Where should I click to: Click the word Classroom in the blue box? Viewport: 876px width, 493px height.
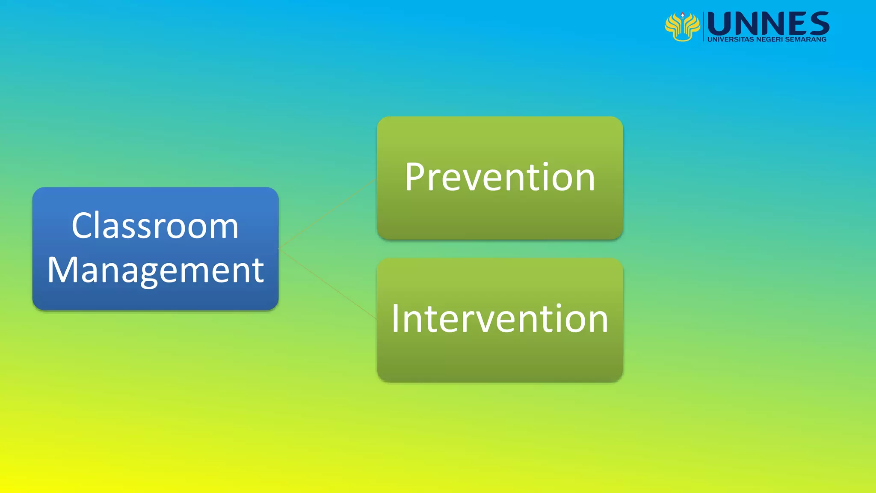coord(155,226)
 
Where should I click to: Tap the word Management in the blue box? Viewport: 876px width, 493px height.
coord(156,270)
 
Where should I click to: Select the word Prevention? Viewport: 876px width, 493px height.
coord(500,177)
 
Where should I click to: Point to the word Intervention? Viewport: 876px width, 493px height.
coord(500,318)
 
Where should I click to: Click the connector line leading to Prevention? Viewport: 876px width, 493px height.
coord(327,213)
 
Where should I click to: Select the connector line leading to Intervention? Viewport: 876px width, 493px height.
coord(327,284)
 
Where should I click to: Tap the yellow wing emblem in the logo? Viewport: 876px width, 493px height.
coord(682,28)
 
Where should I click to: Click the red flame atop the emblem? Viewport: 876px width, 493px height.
coord(683,15)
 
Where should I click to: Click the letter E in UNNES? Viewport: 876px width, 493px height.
coord(795,24)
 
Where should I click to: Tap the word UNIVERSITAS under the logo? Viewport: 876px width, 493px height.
coord(731,39)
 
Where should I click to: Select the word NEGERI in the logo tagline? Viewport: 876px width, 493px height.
coord(769,39)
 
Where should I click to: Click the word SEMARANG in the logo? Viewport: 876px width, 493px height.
coord(806,39)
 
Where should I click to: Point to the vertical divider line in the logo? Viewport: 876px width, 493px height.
coord(704,27)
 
